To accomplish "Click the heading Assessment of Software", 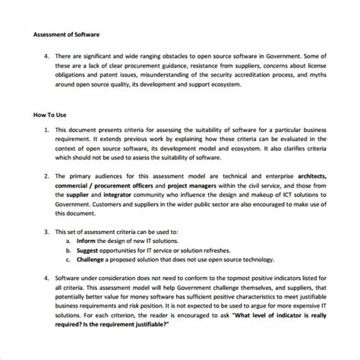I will (67, 35).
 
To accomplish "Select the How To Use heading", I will (51, 115).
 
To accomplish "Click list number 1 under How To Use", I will (47, 130).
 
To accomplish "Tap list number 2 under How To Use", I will (47, 175).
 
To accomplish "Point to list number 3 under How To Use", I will (47, 231).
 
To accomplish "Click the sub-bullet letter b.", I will (69, 251).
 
